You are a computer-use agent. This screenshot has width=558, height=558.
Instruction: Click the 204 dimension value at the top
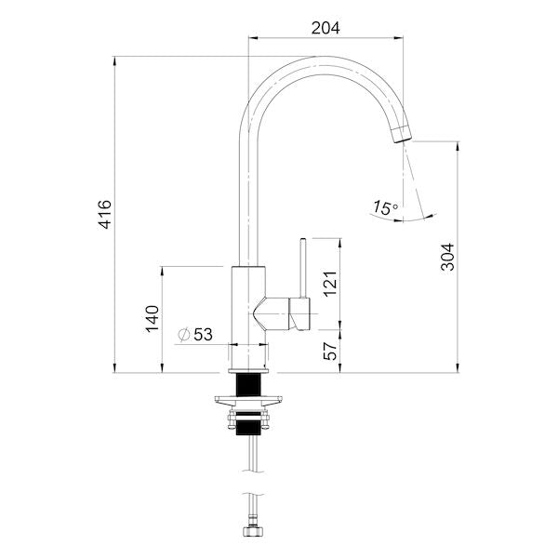[325, 28]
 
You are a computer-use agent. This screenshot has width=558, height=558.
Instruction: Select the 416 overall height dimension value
[105, 215]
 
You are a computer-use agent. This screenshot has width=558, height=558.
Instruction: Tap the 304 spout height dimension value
[447, 257]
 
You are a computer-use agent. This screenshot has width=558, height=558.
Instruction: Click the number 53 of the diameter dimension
[204, 333]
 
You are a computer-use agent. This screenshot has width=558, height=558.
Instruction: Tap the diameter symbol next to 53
[183, 333]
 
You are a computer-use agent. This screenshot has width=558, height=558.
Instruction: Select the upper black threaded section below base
[248, 383]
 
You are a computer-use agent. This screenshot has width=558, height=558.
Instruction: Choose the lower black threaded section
[248, 429]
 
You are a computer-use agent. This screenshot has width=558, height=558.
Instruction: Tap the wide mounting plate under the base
[248, 402]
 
